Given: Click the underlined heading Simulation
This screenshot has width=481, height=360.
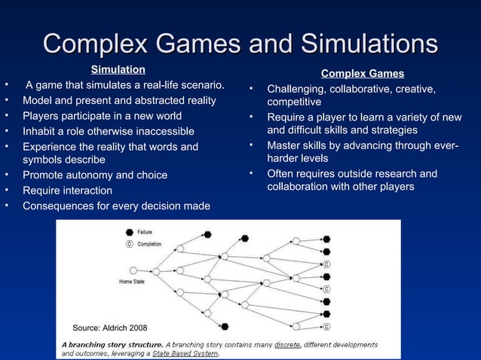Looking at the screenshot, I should click(118, 70).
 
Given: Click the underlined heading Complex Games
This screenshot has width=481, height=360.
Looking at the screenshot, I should click(362, 74).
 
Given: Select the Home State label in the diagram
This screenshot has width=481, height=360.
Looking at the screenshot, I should click(132, 282).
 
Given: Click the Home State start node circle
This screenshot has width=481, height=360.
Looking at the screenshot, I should click(133, 270).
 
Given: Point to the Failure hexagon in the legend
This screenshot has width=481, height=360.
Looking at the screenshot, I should click(130, 233).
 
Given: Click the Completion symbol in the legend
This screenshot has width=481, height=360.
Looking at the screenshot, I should click(130, 244).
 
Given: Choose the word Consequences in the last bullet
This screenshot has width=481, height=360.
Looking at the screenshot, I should click(57, 206).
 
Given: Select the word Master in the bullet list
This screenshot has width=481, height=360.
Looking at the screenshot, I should click(283, 145).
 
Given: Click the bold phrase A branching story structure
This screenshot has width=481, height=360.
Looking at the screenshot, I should click(112, 344).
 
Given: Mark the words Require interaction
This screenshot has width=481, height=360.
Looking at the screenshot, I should click(67, 191).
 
